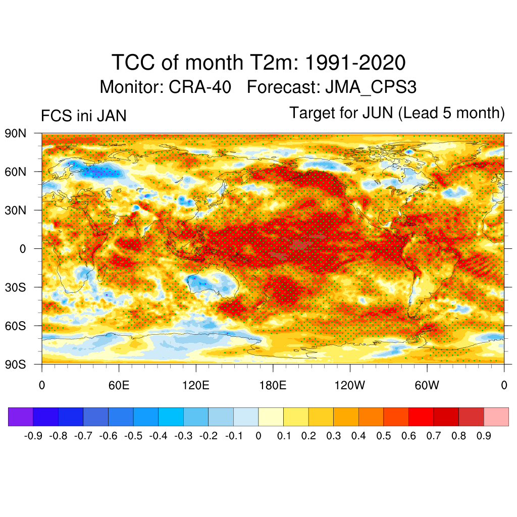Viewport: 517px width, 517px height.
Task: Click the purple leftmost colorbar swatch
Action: pos(21,417)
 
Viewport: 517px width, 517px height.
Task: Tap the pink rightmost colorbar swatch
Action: pos(496,417)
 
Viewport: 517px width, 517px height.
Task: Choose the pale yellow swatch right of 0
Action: pos(271,417)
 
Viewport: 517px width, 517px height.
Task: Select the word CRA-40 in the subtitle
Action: pos(200,87)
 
